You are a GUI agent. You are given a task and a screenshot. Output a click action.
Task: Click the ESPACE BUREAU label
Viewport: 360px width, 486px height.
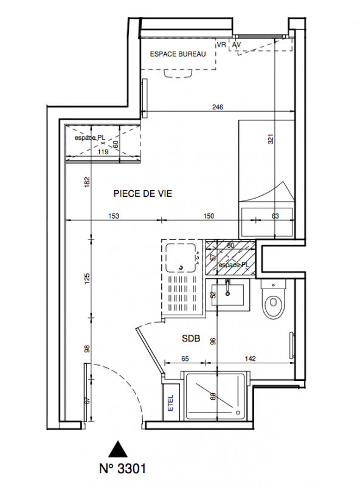(x=178, y=54)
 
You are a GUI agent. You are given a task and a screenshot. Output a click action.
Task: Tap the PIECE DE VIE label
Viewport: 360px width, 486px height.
(x=143, y=194)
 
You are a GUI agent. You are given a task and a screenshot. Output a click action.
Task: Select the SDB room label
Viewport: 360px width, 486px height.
(x=191, y=338)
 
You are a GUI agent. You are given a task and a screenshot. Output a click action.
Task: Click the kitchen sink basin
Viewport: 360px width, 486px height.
(x=181, y=258)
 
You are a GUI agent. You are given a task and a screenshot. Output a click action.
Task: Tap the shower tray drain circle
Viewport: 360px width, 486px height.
(x=238, y=412)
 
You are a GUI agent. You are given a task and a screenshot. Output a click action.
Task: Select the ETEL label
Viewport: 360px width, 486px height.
(x=170, y=403)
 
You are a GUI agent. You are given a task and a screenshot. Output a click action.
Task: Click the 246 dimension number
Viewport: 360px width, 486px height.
(x=218, y=108)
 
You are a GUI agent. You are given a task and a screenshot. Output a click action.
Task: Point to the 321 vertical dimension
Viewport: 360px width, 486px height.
(x=271, y=139)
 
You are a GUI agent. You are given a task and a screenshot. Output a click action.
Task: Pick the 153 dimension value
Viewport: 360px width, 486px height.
(x=114, y=216)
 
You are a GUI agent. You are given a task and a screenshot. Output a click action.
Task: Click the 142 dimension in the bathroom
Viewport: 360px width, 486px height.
(x=250, y=358)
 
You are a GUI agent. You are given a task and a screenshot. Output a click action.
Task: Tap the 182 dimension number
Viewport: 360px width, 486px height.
(x=87, y=182)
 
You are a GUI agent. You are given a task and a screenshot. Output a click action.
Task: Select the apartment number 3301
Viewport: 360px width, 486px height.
(x=123, y=468)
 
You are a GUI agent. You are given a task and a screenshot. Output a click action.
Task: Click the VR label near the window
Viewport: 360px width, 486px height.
(x=221, y=44)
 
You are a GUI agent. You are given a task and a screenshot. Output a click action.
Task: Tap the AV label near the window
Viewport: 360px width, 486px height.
(x=237, y=45)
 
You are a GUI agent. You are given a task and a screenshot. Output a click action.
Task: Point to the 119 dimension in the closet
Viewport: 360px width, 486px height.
(x=103, y=152)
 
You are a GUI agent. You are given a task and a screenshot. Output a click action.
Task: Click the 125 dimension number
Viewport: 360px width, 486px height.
(x=87, y=278)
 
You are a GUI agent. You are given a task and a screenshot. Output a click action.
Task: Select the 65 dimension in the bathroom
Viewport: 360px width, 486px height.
(x=185, y=358)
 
